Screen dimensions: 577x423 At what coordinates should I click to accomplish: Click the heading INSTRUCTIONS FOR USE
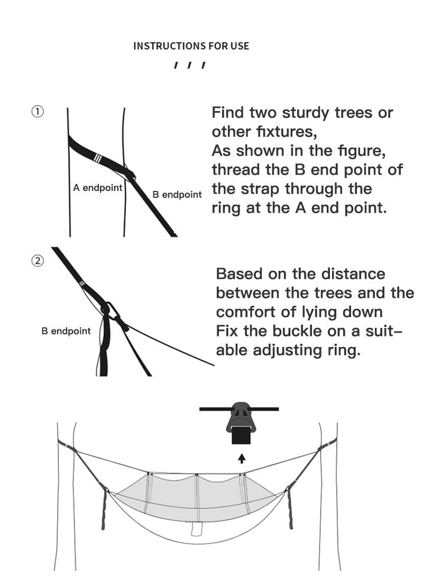tap(191, 46)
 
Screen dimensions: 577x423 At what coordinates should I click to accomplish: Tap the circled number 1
tap(38, 112)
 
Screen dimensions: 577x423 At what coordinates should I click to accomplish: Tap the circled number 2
tap(38, 261)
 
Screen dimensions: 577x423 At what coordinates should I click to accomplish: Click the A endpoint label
tap(98, 188)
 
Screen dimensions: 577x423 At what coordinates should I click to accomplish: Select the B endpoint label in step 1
tap(177, 195)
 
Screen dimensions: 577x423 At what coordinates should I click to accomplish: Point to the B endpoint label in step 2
tap(66, 331)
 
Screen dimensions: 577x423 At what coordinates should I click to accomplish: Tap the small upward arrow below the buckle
tap(242, 458)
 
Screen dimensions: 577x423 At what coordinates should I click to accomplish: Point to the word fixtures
tap(286, 132)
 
